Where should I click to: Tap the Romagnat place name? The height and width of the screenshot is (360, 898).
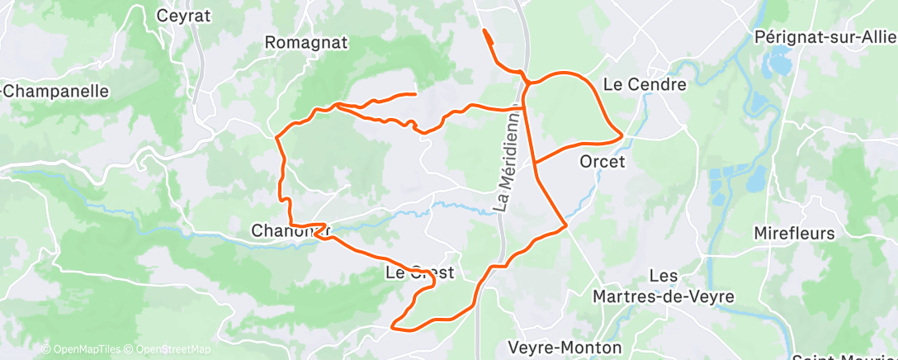(305, 42)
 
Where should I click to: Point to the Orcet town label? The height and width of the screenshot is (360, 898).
(602, 161)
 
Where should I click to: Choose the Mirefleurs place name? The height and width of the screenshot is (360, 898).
(794, 234)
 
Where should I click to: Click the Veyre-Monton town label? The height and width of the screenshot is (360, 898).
(565, 347)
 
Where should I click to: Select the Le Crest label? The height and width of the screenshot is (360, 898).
(420, 272)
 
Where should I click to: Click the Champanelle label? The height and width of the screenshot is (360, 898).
(56, 91)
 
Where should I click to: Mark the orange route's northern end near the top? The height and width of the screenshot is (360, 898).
(484, 31)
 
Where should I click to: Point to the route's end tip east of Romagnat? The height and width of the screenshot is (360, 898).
(414, 95)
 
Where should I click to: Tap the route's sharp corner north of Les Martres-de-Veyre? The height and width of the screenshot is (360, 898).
(565, 225)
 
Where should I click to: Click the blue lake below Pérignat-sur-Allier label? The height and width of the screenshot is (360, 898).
(778, 60)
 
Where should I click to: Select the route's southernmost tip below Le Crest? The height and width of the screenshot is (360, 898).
(393, 328)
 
